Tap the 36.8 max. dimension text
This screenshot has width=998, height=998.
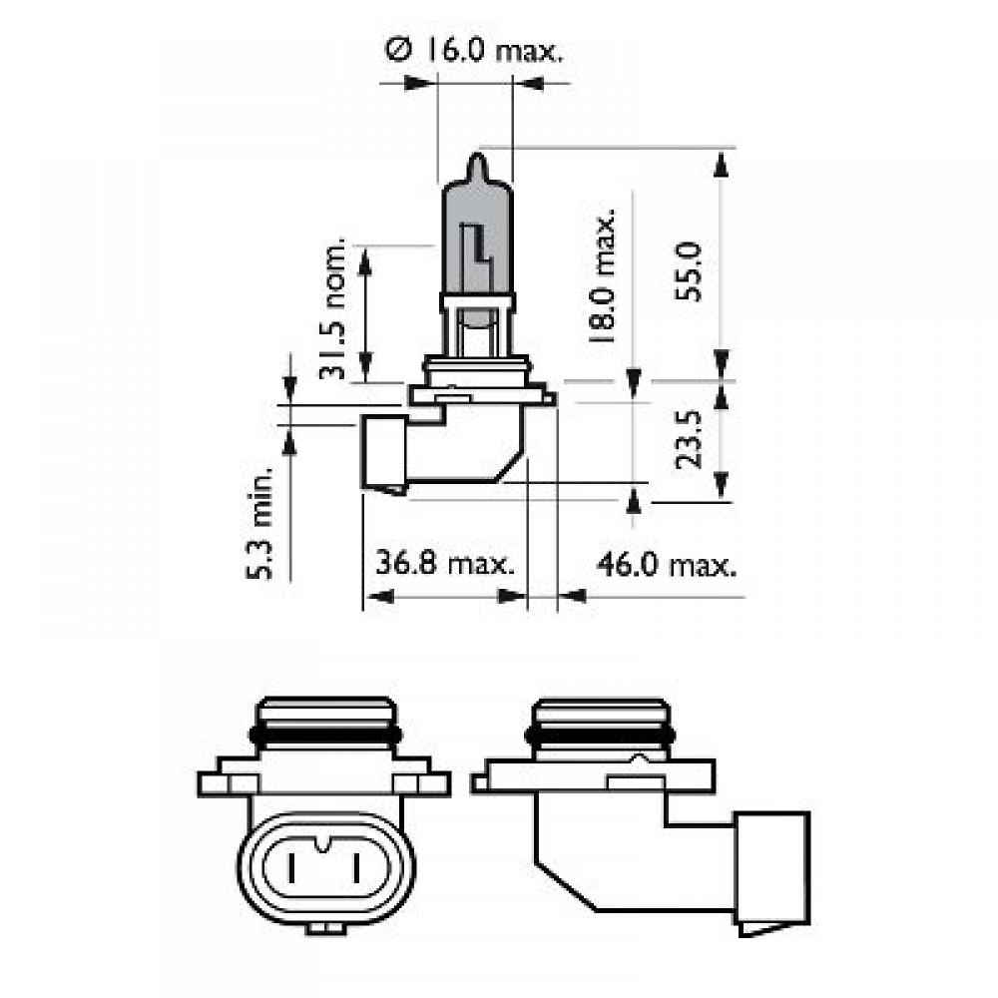pos(445,565)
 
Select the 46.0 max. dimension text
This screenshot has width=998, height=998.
pos(667,565)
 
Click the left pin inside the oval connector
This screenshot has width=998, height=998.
pos(295,871)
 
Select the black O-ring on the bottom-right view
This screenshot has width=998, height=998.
pos(599,738)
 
